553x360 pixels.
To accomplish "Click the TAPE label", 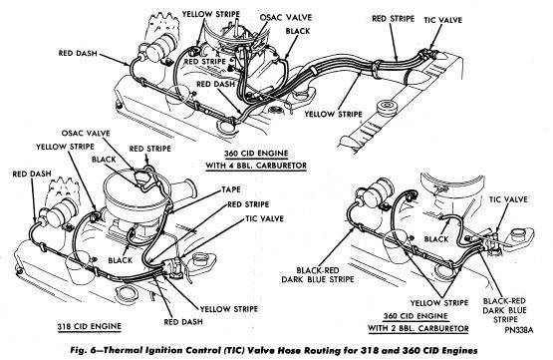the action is (231, 189).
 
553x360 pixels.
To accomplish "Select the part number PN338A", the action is (518, 330).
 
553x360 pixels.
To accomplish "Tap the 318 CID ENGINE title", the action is (90, 326).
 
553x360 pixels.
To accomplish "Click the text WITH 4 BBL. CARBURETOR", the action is (256, 166).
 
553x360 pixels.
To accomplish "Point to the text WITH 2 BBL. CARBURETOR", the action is (418, 329).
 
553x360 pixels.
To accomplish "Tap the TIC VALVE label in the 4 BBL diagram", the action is (442, 20).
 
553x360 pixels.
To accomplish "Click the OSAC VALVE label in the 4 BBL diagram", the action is (286, 17).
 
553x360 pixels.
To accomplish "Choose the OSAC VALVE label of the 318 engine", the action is (86, 133).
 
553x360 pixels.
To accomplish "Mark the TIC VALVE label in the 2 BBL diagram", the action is (508, 199).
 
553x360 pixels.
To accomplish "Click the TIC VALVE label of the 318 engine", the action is (264, 218).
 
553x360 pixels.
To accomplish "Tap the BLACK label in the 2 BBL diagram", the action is (436, 239).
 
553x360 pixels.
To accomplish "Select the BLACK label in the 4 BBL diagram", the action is (298, 31).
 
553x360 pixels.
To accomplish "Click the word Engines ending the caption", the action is (459, 351).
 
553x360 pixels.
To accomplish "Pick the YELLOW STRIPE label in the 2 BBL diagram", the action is (439, 303).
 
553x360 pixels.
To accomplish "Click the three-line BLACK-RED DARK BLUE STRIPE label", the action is (504, 310).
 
